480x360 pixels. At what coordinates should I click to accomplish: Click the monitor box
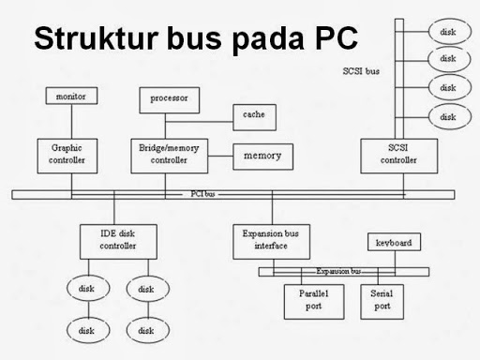coord(71,97)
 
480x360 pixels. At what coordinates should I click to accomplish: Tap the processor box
coord(170,97)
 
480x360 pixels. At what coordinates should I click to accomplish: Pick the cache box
coord(253,113)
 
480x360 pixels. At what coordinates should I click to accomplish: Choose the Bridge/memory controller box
coord(170,155)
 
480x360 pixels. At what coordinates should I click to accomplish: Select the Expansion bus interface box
coord(272,241)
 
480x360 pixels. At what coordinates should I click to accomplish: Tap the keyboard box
coord(394,243)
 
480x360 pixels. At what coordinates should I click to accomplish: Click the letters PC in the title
coord(334,40)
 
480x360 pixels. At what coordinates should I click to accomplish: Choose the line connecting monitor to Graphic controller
coord(71,122)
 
